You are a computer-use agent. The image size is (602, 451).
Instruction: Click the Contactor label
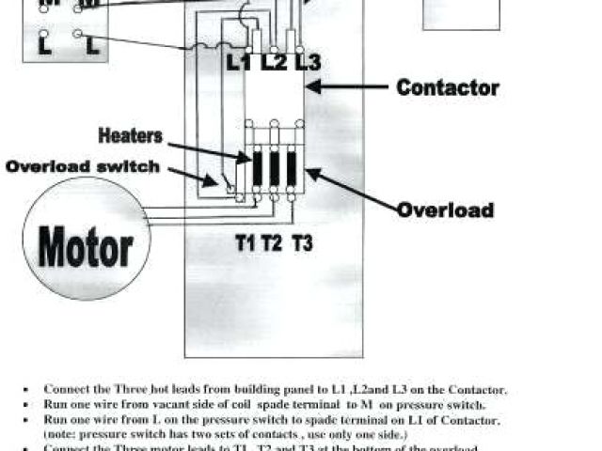click(447, 87)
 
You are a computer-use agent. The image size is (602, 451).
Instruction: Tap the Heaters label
click(130, 136)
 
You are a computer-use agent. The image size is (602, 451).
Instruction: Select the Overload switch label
click(82, 167)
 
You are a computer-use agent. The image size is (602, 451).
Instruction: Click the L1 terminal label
click(240, 63)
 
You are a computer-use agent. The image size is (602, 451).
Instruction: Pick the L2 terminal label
click(274, 63)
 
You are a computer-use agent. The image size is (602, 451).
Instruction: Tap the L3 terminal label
click(307, 63)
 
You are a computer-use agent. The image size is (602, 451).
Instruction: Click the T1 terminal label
click(246, 243)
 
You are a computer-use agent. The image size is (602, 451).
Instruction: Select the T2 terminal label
click(273, 243)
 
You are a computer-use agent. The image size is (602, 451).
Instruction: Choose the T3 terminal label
click(302, 243)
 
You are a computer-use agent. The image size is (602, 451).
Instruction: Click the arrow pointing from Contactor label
click(348, 88)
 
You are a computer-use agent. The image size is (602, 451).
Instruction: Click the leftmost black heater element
click(257, 169)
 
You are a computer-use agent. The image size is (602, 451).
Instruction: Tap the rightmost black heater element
click(292, 169)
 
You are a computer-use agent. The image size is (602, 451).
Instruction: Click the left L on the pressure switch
click(44, 44)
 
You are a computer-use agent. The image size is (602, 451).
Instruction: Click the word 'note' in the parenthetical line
click(60, 435)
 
